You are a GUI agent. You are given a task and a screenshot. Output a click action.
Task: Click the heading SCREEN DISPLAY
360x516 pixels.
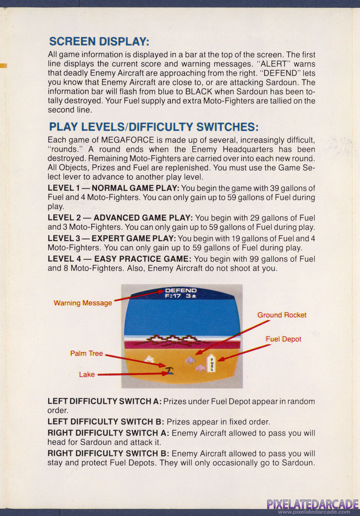point(99,41)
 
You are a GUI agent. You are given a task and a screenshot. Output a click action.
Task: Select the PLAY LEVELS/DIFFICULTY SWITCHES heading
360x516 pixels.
point(154,127)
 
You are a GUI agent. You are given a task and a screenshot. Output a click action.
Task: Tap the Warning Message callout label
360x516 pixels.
point(83,303)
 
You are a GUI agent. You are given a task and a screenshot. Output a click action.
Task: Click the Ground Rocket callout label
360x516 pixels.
point(282,315)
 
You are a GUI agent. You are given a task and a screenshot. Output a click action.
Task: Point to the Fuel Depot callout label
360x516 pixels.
point(284,339)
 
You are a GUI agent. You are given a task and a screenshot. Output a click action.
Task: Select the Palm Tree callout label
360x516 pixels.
point(86,353)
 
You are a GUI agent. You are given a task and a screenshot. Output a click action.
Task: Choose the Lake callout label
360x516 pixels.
point(87,374)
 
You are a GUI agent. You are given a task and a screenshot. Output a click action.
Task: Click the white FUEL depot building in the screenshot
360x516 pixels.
point(211,363)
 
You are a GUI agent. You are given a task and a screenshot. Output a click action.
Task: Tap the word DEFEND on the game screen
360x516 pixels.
point(181,290)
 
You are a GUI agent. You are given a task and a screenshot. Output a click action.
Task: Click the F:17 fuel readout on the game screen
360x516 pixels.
point(173,296)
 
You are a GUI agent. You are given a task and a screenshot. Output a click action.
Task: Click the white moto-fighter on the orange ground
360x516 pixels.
point(150,359)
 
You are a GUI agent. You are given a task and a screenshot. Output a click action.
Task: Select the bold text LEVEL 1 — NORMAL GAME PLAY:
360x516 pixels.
point(113,188)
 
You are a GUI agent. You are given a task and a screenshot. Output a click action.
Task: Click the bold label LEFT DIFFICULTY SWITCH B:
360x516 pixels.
point(106,422)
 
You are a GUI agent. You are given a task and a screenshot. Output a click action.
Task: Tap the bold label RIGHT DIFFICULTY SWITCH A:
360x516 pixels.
point(108,433)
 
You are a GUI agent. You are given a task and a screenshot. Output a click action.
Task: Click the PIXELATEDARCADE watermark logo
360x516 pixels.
point(313,504)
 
